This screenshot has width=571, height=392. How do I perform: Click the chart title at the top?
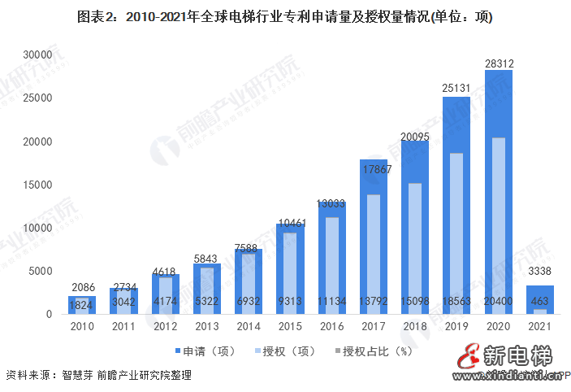click(285, 16)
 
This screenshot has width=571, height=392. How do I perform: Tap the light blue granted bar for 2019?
click(456, 228)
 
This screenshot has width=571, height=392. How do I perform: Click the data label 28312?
click(498, 62)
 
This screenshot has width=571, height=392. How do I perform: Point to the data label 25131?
click(456, 89)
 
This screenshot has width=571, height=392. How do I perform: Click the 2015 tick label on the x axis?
click(290, 328)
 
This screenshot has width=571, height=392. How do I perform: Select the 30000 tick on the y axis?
click(37, 54)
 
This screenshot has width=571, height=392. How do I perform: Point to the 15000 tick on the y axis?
click(37, 185)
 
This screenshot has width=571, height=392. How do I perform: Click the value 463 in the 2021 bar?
click(539, 302)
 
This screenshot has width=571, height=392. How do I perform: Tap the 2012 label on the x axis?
click(165, 328)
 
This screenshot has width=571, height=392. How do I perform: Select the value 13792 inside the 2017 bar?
click(373, 302)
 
